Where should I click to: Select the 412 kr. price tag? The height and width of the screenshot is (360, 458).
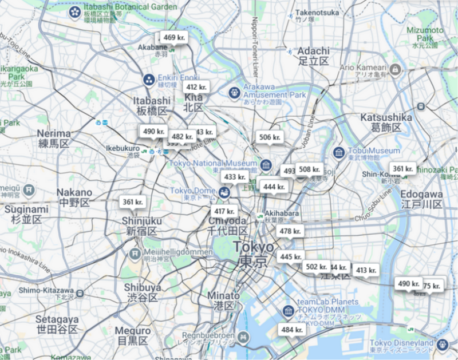[196, 87]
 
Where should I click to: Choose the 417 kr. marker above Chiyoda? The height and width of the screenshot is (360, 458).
[224, 211]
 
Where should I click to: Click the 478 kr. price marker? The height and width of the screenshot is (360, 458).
[290, 231]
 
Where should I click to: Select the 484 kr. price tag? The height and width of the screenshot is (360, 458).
[291, 330]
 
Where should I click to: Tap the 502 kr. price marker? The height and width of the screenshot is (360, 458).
[315, 267]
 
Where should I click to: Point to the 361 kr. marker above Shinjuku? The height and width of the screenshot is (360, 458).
[132, 202]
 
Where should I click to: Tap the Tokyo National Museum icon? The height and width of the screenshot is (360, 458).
[265, 165]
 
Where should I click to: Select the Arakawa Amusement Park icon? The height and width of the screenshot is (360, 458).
[234, 92]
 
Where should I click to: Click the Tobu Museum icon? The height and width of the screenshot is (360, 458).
[338, 153]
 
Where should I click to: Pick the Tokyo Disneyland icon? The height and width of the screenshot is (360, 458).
[442, 345]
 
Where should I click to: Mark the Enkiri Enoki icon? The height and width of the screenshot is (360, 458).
[149, 80]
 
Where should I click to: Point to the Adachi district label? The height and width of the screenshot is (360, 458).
[313, 56]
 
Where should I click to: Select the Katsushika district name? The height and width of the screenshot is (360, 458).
[386, 122]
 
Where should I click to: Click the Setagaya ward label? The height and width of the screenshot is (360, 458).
[56, 324]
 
